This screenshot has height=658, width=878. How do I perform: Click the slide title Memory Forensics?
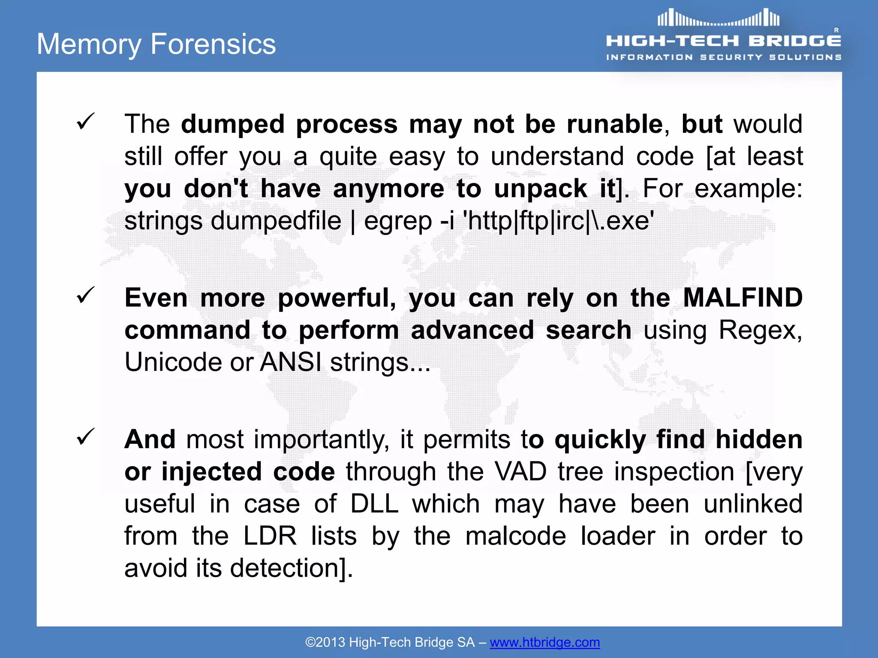click(x=156, y=44)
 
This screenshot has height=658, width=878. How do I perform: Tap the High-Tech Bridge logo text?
click(x=723, y=41)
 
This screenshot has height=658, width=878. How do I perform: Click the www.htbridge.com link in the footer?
click(x=544, y=642)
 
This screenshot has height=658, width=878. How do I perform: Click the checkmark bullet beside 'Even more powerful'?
click(x=85, y=295)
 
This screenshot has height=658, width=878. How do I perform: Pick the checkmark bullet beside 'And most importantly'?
click(x=85, y=437)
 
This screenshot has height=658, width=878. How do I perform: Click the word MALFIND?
click(x=743, y=298)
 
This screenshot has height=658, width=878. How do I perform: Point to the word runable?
click(x=615, y=124)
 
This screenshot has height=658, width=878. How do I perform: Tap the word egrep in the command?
click(x=397, y=221)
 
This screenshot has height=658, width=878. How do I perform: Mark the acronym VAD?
click(x=520, y=472)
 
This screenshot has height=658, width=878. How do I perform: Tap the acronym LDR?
click(x=270, y=536)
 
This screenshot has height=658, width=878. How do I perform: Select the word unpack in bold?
click(x=540, y=189)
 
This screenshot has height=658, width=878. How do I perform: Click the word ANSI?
click(x=291, y=362)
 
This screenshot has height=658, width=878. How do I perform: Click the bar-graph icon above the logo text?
click(x=719, y=18)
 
